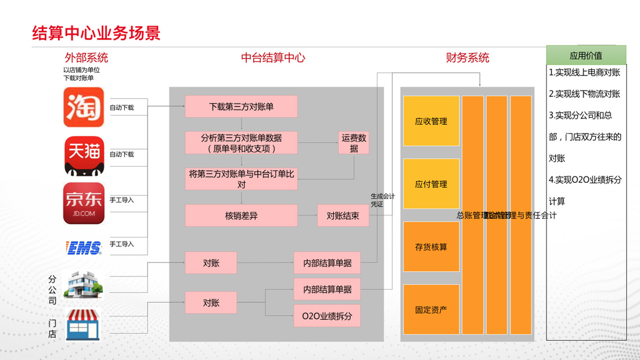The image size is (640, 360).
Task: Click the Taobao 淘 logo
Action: coord(84,107)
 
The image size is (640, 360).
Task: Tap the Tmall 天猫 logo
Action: coord(84,156)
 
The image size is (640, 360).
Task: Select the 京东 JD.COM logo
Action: coord(84,203)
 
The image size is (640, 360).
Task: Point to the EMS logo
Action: coord(84,248)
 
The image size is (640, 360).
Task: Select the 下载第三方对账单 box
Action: coord(241,107)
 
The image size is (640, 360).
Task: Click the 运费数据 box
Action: coord(354,143)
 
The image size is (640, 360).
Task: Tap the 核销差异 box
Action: coord(241,215)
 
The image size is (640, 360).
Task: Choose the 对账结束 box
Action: coord(343,215)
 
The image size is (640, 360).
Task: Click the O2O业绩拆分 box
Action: coord(326,316)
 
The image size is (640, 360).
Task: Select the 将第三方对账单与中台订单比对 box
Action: coord(241,179)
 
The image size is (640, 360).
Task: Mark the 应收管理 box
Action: coord(431,121)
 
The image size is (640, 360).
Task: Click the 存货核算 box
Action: coord(431,247)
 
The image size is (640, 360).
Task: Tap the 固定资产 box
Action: coord(431,309)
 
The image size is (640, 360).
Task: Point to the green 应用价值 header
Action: coord(586,56)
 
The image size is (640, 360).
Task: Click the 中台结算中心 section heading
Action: coord(273,58)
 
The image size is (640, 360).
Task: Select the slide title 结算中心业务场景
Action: coord(96,33)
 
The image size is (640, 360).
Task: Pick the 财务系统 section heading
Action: coord(467,58)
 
